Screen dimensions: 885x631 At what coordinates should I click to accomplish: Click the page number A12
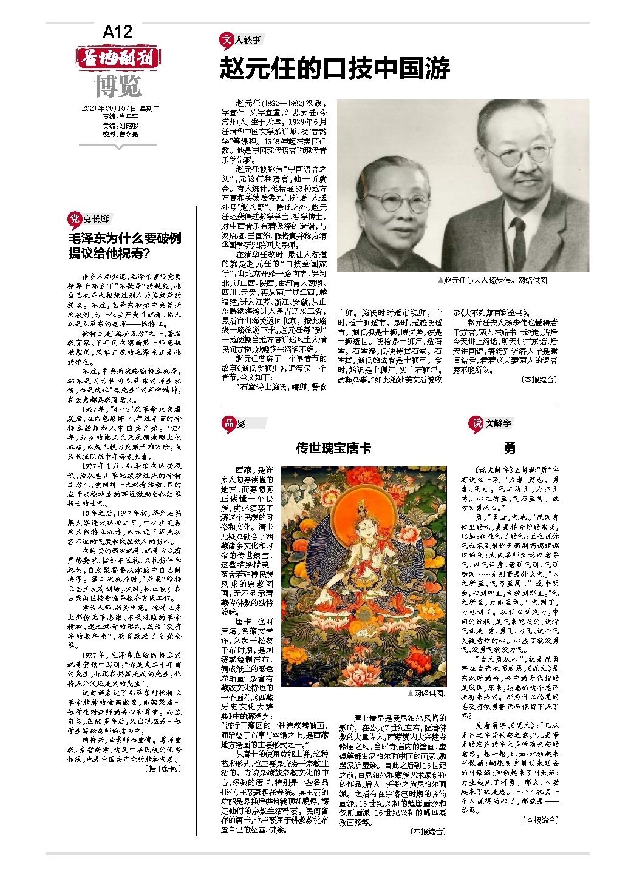[x=117, y=32]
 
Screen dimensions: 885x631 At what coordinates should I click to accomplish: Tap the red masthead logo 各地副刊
[x=118, y=58]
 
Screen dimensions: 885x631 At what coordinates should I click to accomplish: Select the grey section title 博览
[x=118, y=86]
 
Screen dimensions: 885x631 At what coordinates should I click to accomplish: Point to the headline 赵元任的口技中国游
[x=335, y=69]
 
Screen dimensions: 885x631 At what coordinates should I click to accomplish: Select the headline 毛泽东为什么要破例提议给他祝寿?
[x=124, y=245]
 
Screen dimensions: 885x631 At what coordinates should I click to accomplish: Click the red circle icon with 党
[x=74, y=219]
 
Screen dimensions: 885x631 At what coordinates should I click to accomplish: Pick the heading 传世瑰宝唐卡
[x=333, y=448]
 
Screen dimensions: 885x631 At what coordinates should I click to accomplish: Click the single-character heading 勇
[x=510, y=448]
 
